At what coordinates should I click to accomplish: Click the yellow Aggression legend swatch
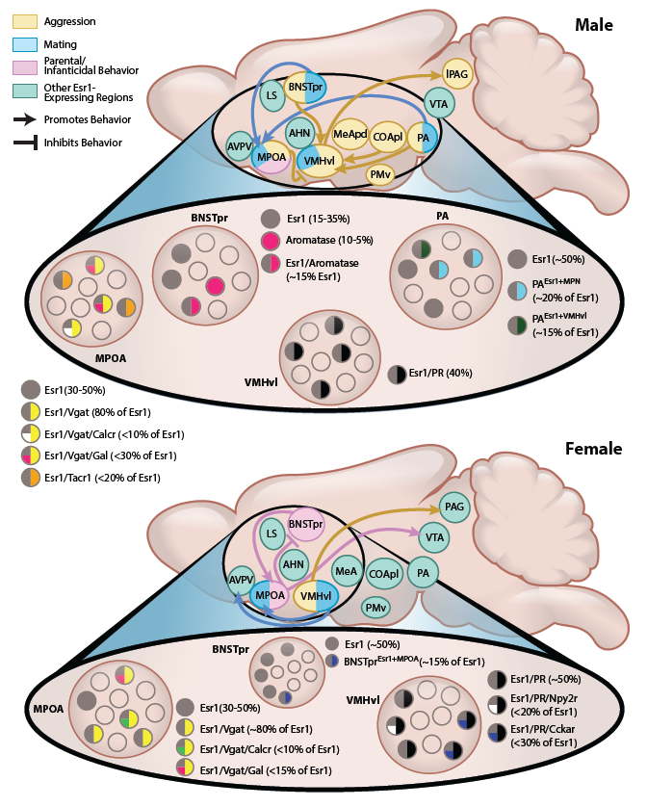(19, 19)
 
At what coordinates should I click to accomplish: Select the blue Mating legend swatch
(19, 43)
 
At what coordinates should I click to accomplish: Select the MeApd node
(348, 133)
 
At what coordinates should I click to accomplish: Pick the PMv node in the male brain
(380, 174)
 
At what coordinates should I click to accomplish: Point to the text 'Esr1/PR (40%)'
(452, 371)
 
